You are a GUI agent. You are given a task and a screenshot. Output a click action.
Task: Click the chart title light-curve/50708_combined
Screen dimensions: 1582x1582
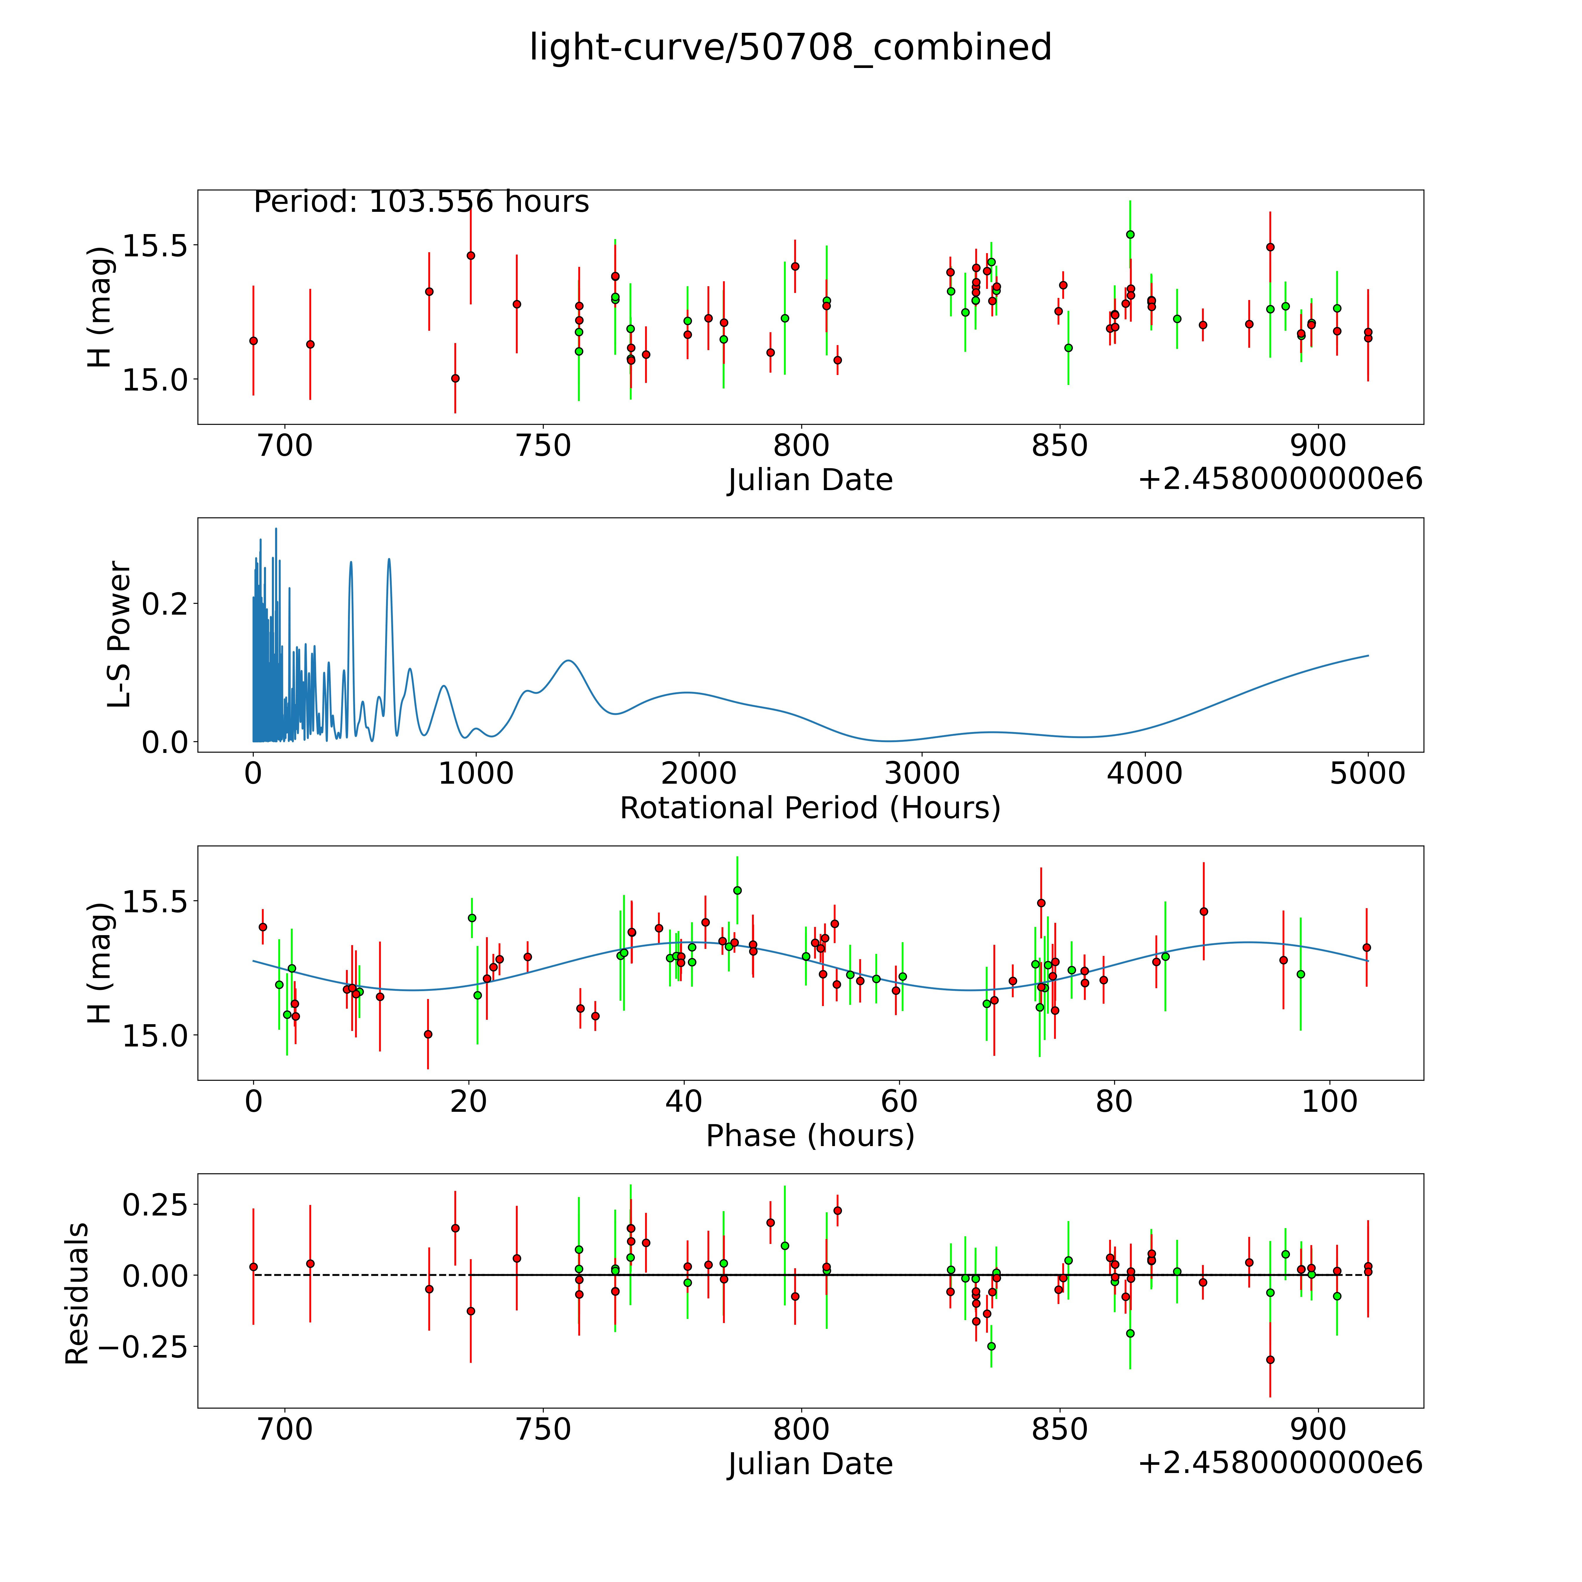pyautogui.click(x=790, y=47)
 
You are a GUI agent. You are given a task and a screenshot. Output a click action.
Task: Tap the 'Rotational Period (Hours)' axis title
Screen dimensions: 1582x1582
pyautogui.click(x=810, y=808)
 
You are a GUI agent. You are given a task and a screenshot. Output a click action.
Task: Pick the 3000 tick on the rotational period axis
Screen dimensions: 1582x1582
pyautogui.click(x=922, y=774)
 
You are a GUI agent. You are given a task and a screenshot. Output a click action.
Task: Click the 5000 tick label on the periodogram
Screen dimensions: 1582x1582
pyautogui.click(x=1368, y=774)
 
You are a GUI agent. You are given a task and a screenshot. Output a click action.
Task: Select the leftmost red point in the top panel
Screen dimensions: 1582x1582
pyautogui.click(x=253, y=341)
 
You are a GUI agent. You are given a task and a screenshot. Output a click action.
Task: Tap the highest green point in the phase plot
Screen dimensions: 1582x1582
pyautogui.click(x=737, y=890)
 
